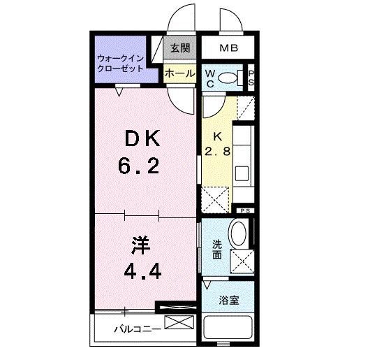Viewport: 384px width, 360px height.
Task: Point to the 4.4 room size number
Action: pos(143,271)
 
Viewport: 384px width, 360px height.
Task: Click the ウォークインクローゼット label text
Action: pos(121,64)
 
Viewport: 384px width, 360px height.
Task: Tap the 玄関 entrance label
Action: pos(180,49)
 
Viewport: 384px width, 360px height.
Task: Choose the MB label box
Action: pos(228,49)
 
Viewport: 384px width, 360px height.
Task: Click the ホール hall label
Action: pos(180,73)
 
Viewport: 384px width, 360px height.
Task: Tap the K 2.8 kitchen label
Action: pos(217,143)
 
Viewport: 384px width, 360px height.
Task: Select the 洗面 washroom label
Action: pos(217,250)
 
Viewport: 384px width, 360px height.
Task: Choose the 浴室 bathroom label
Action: pos(228,301)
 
